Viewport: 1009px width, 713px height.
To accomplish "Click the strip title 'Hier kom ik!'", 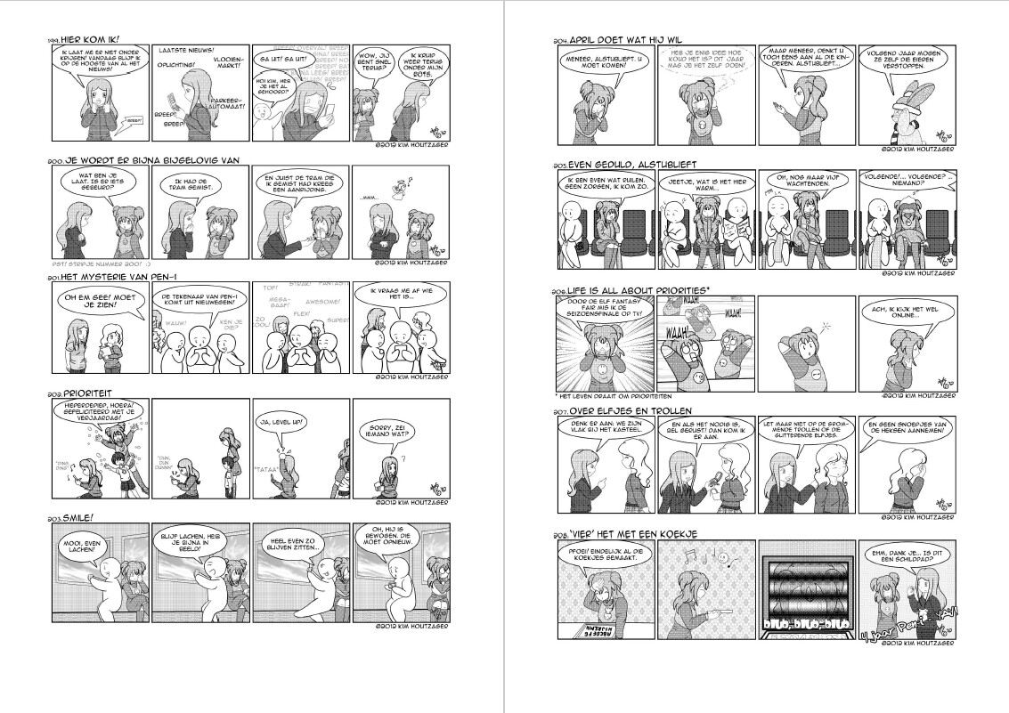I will coord(89,40).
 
